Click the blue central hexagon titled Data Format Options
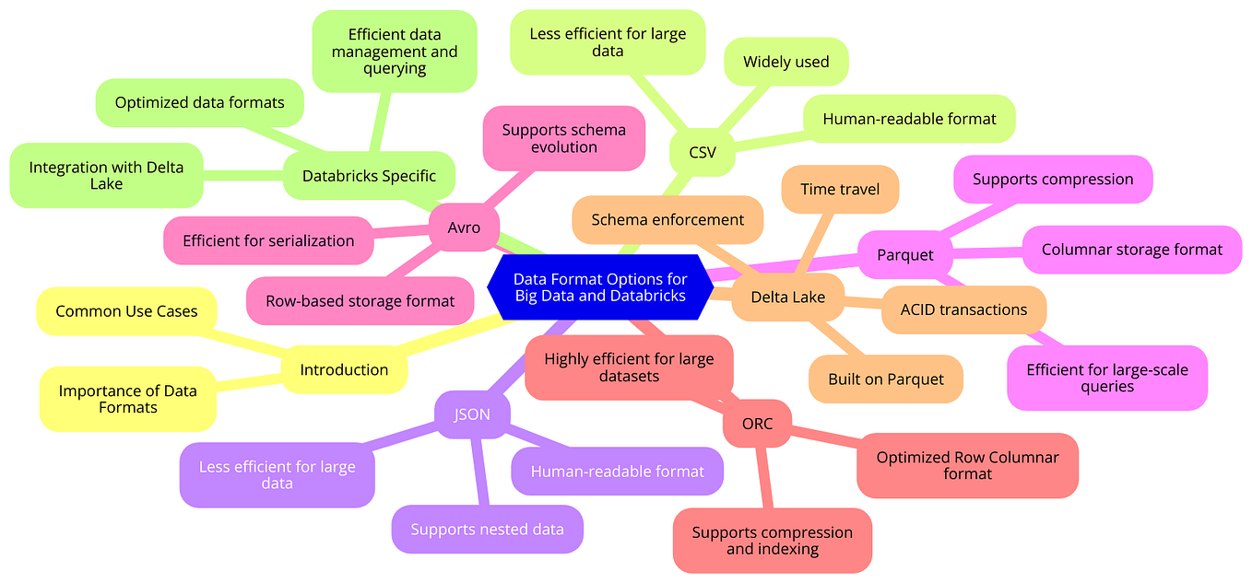pos(599,287)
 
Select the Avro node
pos(464,227)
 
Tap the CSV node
pos(703,153)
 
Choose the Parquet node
pos(905,254)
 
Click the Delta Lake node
pos(787,297)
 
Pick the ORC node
pos(757,424)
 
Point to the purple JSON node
pos(472,414)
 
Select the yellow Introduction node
pos(344,369)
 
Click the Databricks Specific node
pos(369,175)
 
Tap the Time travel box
pos(840,190)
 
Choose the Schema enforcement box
pos(667,219)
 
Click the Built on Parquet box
pos(886,379)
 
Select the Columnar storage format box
pos(1132,250)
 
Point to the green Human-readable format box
pos(909,119)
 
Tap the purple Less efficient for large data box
pos(277,475)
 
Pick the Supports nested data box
pos(487,529)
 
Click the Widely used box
pos(786,62)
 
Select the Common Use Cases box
pos(126,311)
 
